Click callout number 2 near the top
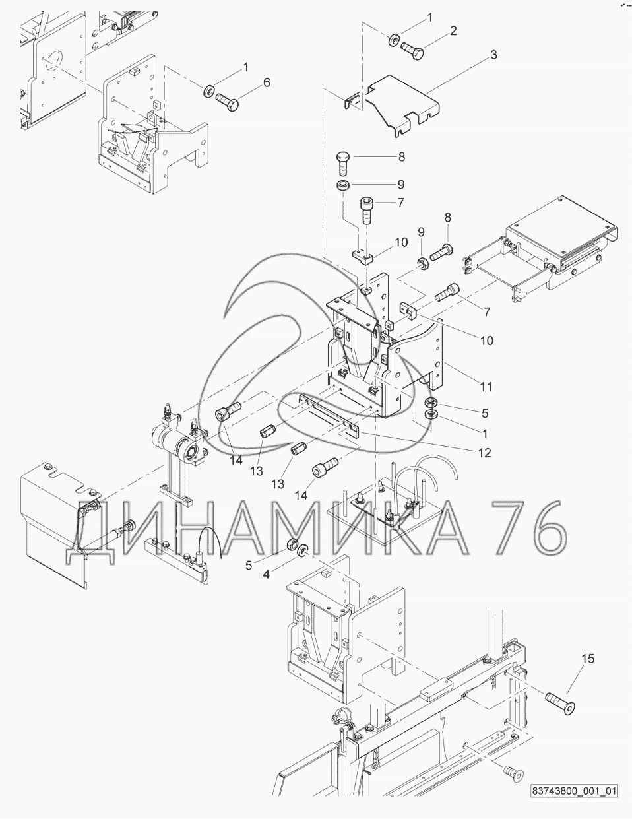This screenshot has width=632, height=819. pyautogui.click(x=453, y=31)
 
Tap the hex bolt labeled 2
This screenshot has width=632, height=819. pyautogui.click(x=412, y=51)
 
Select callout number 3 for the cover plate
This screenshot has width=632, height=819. pyautogui.click(x=493, y=55)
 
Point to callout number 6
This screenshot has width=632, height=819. pyautogui.click(x=267, y=82)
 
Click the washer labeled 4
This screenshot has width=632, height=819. pyautogui.click(x=302, y=551)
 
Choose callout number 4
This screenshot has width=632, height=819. pyautogui.click(x=267, y=574)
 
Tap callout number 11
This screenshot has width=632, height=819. pyautogui.click(x=486, y=387)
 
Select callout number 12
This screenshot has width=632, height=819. pyautogui.click(x=485, y=452)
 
